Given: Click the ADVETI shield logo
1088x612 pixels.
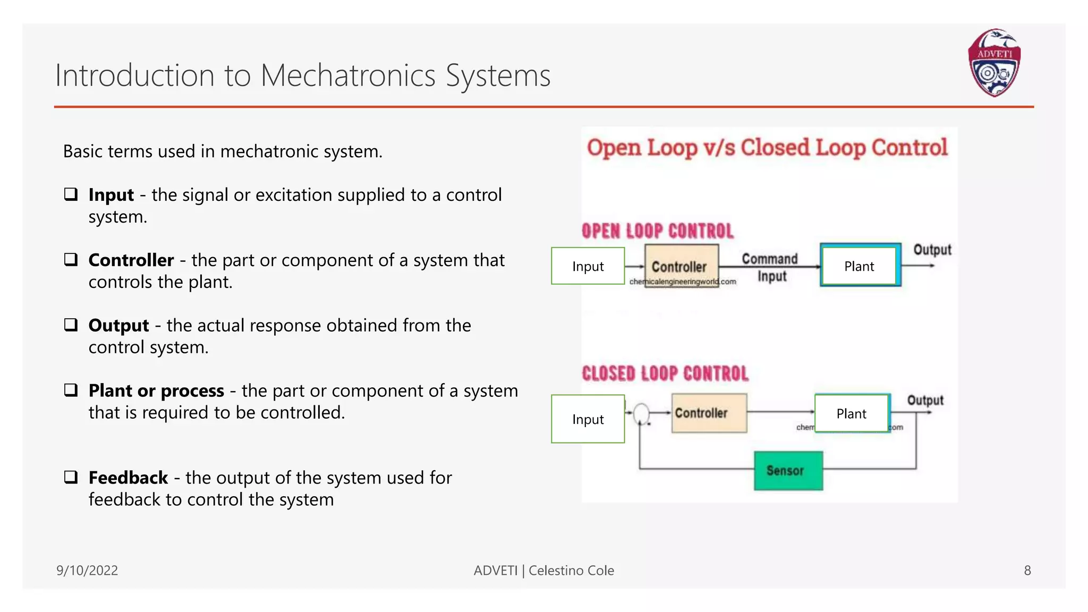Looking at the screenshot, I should click(x=994, y=63).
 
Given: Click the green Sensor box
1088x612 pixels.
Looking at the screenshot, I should click(x=788, y=471).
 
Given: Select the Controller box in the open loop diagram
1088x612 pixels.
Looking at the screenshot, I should click(x=681, y=265).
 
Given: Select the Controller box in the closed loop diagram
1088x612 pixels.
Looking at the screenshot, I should click(x=709, y=413).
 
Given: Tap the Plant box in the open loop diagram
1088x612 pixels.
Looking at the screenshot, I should click(x=860, y=266).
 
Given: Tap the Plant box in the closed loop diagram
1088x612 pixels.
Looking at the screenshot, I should click(x=851, y=413).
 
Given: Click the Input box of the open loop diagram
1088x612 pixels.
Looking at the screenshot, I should click(x=588, y=266).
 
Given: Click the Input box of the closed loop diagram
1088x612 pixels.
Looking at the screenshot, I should click(x=588, y=419).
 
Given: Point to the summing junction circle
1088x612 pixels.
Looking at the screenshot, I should click(x=641, y=413).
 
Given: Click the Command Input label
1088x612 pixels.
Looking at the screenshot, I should click(x=770, y=267).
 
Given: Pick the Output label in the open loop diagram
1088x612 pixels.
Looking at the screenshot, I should click(x=932, y=250).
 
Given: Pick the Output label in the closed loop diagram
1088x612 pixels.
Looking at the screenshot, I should click(x=925, y=400).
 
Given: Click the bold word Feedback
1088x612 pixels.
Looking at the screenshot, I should click(x=128, y=478).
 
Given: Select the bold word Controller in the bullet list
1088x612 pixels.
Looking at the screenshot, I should click(x=131, y=260).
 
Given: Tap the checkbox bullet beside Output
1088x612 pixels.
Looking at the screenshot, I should click(x=71, y=325).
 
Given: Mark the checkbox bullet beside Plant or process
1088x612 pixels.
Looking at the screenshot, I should click(x=71, y=390).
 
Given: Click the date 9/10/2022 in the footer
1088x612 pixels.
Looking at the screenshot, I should click(x=87, y=570).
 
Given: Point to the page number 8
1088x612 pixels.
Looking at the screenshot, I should click(x=1027, y=570).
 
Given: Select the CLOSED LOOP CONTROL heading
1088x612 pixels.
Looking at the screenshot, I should click(x=665, y=373).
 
